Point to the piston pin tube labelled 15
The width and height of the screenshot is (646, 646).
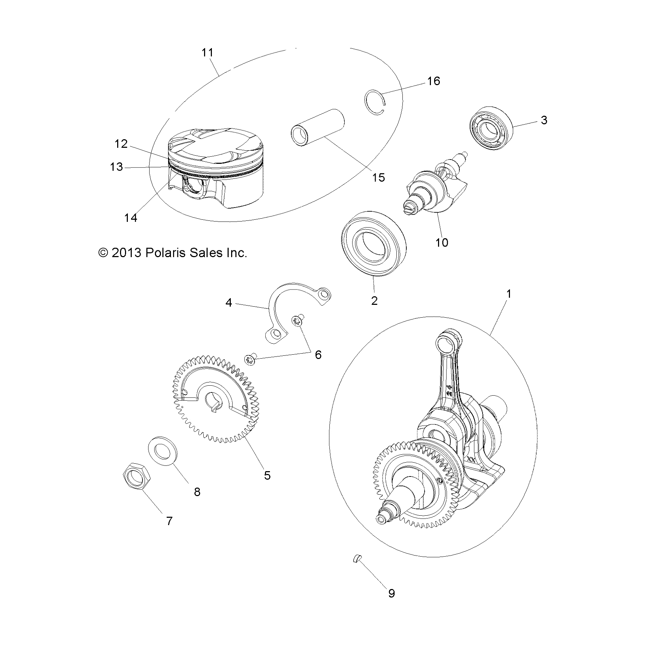click(x=318, y=127)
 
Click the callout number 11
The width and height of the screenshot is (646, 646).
click(x=207, y=53)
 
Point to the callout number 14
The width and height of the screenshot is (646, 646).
click(x=131, y=218)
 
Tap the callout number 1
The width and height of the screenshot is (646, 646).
click(x=509, y=294)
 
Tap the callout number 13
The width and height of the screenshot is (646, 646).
click(x=116, y=167)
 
